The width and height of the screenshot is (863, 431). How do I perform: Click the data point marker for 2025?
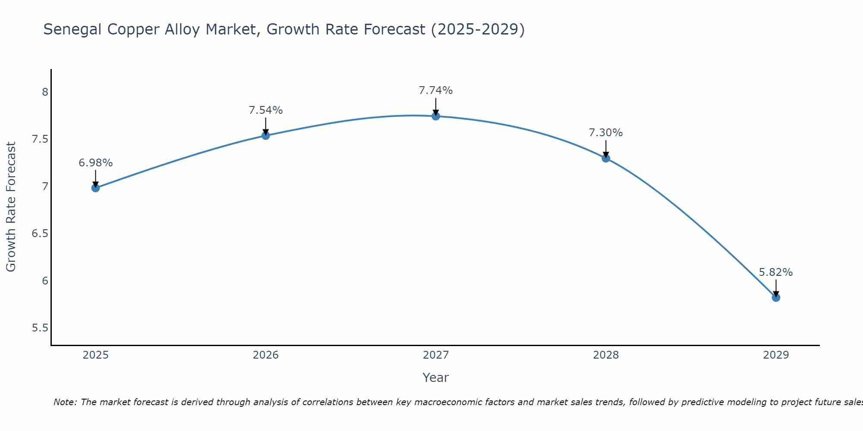(96, 188)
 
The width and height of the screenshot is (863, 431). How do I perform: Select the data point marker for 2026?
(266, 136)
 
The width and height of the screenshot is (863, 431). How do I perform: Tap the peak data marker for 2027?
(436, 116)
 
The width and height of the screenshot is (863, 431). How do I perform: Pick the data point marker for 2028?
(606, 158)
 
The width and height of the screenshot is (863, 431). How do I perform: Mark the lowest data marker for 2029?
(776, 297)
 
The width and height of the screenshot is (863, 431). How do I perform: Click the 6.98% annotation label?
(96, 163)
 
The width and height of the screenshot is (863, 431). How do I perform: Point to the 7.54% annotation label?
(266, 110)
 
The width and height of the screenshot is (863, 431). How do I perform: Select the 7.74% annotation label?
(436, 91)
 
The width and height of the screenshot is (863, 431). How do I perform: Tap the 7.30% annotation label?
(606, 133)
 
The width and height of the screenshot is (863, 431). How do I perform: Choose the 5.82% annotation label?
(776, 272)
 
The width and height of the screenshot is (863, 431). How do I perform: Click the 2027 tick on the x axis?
(436, 355)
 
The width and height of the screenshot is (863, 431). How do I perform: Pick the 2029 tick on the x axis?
(776, 355)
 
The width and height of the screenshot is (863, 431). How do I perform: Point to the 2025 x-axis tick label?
(96, 355)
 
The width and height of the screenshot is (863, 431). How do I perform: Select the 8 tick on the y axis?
(45, 92)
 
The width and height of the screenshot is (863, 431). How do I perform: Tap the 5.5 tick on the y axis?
(40, 328)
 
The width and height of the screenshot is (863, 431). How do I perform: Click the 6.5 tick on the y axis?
(40, 234)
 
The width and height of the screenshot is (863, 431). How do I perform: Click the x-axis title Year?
(436, 378)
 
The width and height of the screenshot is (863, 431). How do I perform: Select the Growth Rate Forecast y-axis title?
(11, 207)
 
